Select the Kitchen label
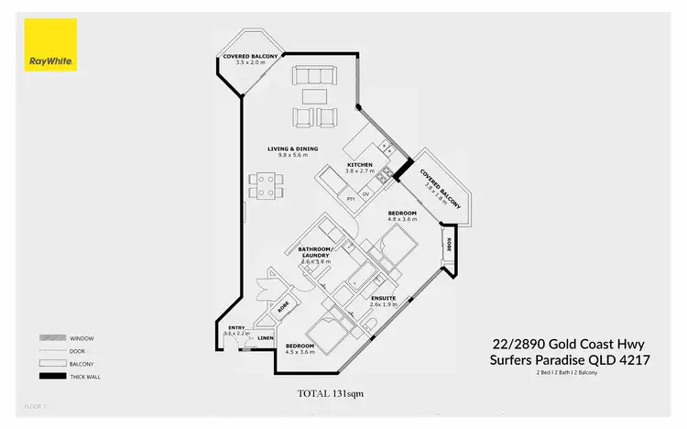tap(359, 166)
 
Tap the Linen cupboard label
tap(266, 337)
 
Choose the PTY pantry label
tap(350, 197)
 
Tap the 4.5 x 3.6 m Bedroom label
tap(300, 348)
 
